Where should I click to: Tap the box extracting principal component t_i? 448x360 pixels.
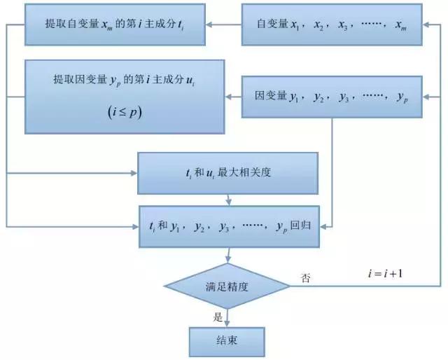pyautogui.click(x=116, y=24)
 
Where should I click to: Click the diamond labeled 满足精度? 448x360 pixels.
pyautogui.click(x=227, y=286)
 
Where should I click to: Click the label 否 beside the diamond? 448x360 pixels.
pyautogui.click(x=306, y=278)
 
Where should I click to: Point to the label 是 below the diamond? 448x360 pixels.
pyautogui.click(x=218, y=317)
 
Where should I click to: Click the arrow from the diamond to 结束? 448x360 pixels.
pyautogui.click(x=227, y=318)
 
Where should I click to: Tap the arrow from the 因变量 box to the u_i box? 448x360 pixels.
pyautogui.click(x=234, y=96)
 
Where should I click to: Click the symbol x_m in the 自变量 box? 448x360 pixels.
pyautogui.click(x=400, y=25)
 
